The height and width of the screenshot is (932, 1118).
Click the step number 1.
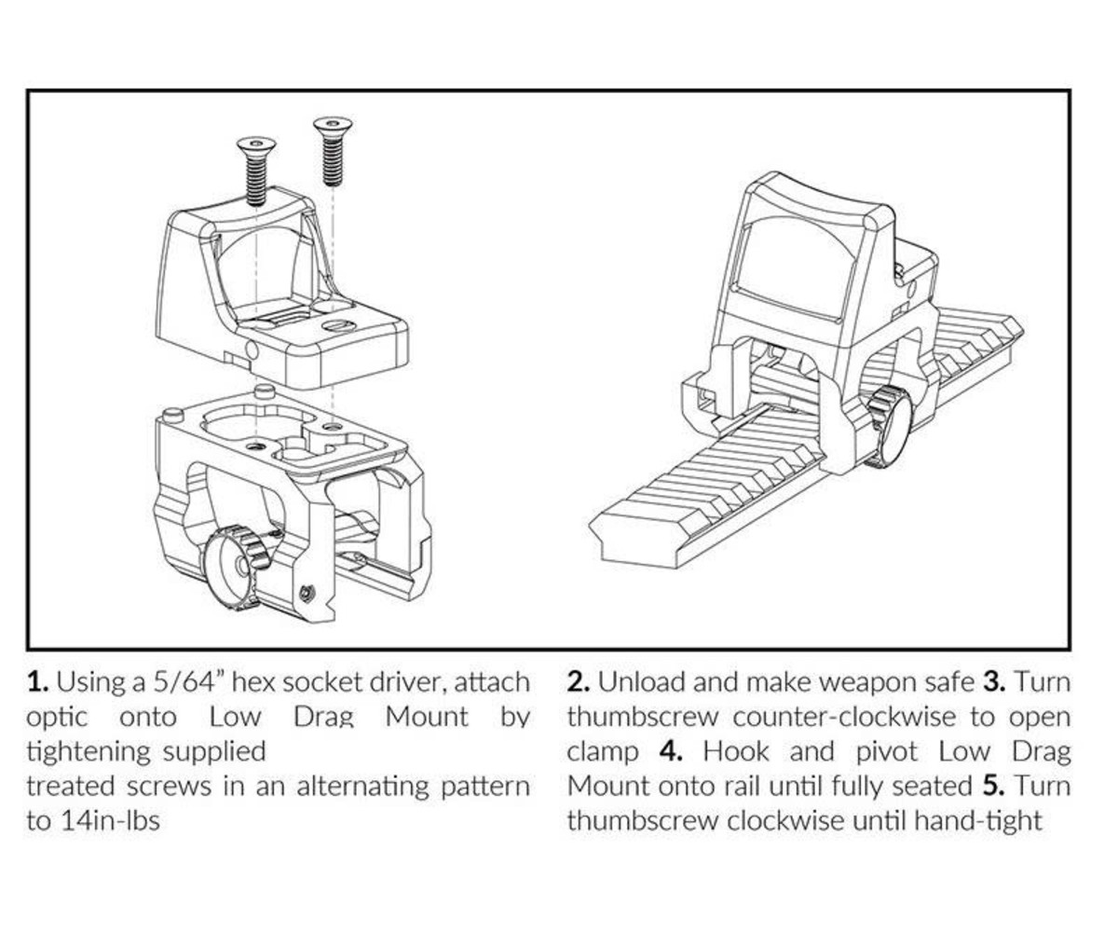click(36, 682)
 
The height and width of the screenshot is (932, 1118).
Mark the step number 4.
click(671, 752)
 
